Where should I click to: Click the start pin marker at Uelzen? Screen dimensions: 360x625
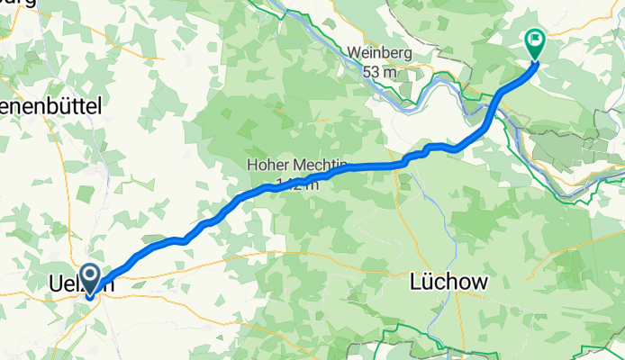click(x=90, y=280)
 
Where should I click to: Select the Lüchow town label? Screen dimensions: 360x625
click(x=448, y=282)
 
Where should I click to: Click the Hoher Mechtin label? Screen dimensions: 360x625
click(x=285, y=166)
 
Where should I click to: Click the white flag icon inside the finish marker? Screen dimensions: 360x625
click(x=535, y=39)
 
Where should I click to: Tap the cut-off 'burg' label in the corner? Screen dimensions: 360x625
click(x=18, y=4)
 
